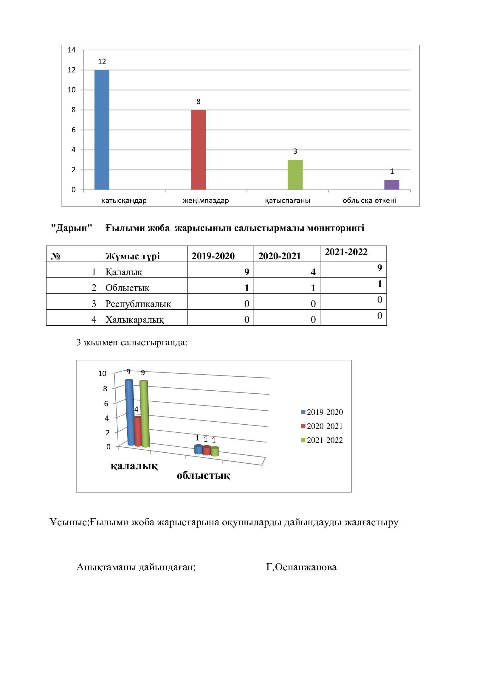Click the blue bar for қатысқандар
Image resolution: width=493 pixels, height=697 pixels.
pyautogui.click(x=102, y=130)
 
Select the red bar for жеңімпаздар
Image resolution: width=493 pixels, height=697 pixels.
pyautogui.click(x=198, y=150)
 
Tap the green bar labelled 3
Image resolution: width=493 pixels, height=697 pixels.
pyautogui.click(x=295, y=175)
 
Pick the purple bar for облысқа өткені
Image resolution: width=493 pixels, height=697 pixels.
pyautogui.click(x=392, y=184)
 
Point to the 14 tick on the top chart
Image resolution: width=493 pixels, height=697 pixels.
pyautogui.click(x=72, y=50)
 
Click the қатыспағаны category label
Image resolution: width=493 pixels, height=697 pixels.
pyautogui.click(x=287, y=201)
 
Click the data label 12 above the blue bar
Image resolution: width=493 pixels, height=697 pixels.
pyautogui.click(x=102, y=62)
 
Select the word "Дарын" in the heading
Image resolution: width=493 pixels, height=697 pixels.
pyautogui.click(x=71, y=228)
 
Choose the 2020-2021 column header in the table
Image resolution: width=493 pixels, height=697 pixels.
pyautogui.click(x=279, y=256)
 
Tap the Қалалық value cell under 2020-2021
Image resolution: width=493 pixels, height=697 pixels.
pyautogui.click(x=286, y=271)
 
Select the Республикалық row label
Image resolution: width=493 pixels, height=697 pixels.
pyautogui.click(x=138, y=304)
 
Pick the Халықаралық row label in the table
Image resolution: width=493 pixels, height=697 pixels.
pyautogui.click(x=134, y=319)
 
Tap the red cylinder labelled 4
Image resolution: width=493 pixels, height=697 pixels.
pyautogui.click(x=137, y=432)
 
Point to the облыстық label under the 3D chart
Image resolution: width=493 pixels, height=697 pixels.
pyautogui.click(x=203, y=475)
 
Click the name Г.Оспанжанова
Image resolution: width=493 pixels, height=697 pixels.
pyautogui.click(x=301, y=567)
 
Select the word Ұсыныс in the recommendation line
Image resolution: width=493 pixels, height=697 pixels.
pyautogui.click(x=69, y=522)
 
